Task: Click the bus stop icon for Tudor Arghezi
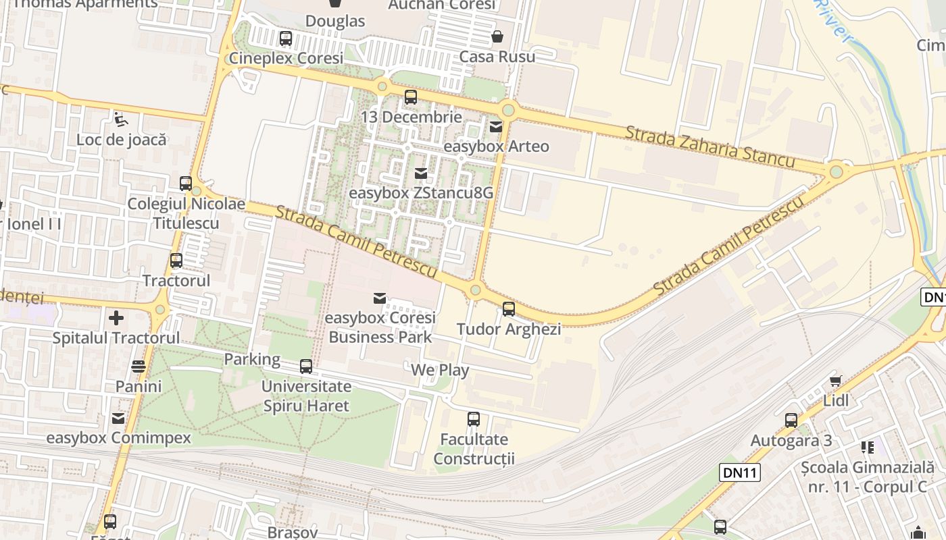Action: (x=509, y=309)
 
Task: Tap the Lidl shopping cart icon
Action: (x=836, y=381)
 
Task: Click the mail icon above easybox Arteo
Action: (x=496, y=126)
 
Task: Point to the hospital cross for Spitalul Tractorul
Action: (x=116, y=317)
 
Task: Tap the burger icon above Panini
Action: (x=139, y=367)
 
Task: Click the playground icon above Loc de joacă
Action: (x=121, y=120)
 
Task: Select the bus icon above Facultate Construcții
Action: (x=474, y=419)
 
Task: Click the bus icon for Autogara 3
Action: (x=791, y=421)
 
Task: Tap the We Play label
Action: (x=440, y=370)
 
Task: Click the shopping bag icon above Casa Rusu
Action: (x=497, y=36)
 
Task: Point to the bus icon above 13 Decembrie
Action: (x=411, y=97)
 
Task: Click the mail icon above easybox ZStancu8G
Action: (x=421, y=173)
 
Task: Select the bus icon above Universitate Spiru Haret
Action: (x=306, y=367)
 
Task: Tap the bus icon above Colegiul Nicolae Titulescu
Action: (x=186, y=184)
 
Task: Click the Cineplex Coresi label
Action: (x=286, y=58)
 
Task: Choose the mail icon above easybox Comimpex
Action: (x=118, y=418)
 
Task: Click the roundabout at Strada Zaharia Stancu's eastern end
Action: (x=837, y=171)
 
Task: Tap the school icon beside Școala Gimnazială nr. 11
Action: (x=868, y=447)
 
